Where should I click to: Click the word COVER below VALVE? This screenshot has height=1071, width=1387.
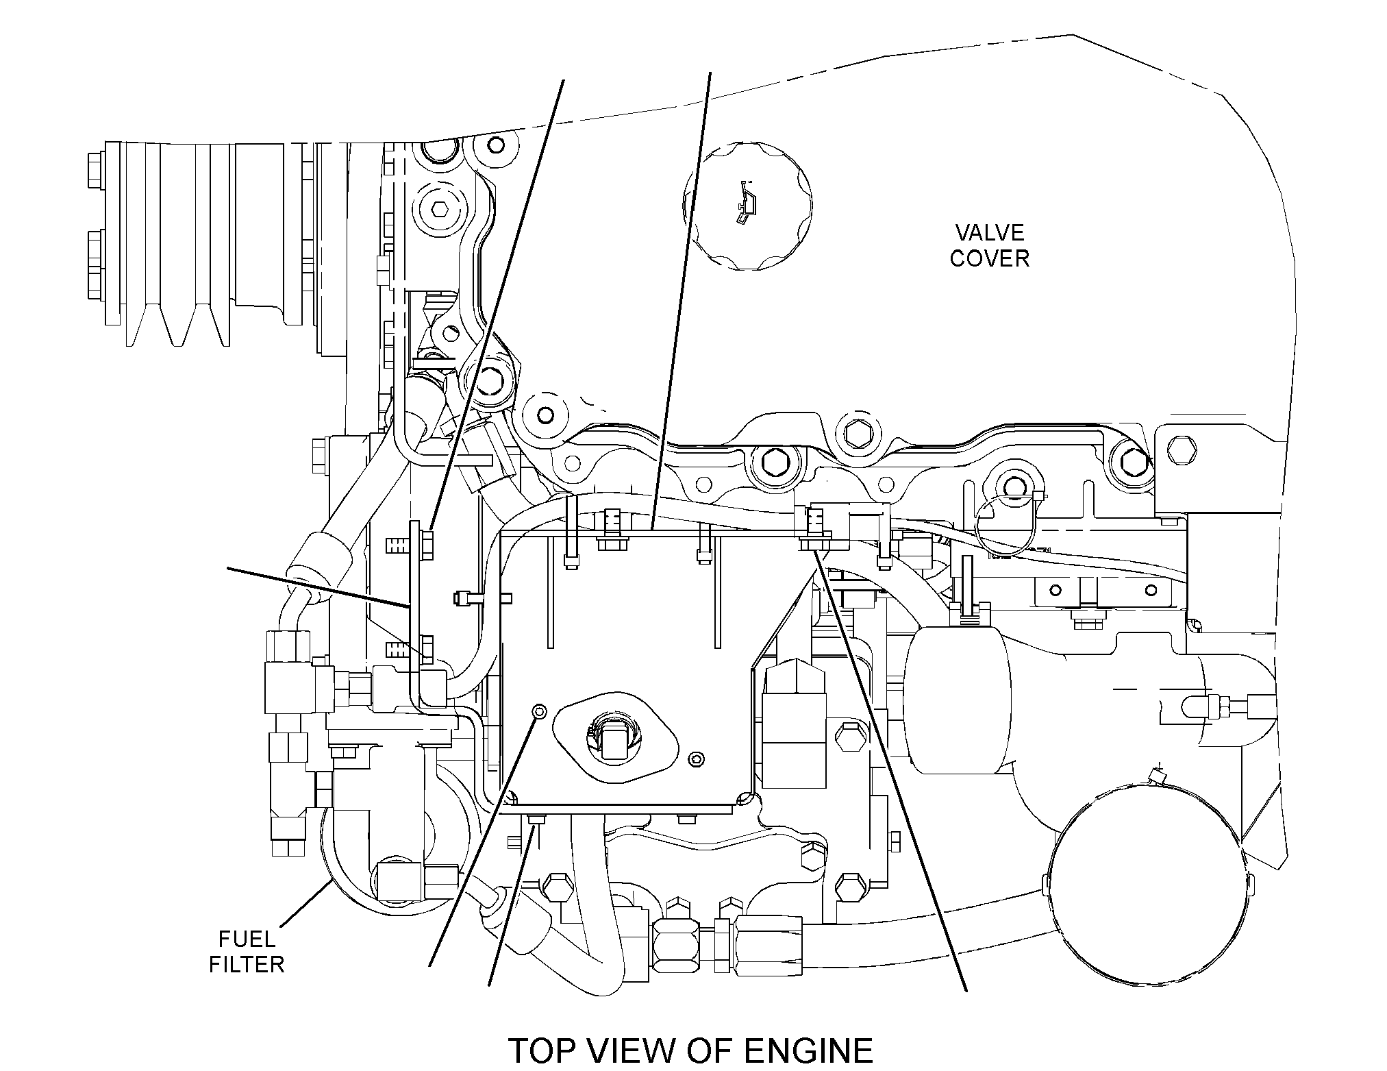click(990, 258)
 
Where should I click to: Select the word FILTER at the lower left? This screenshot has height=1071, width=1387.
click(247, 965)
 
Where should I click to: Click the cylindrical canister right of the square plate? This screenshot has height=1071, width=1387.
click(957, 699)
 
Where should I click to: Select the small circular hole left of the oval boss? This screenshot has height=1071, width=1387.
click(539, 711)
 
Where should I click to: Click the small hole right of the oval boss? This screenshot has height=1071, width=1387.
click(697, 758)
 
